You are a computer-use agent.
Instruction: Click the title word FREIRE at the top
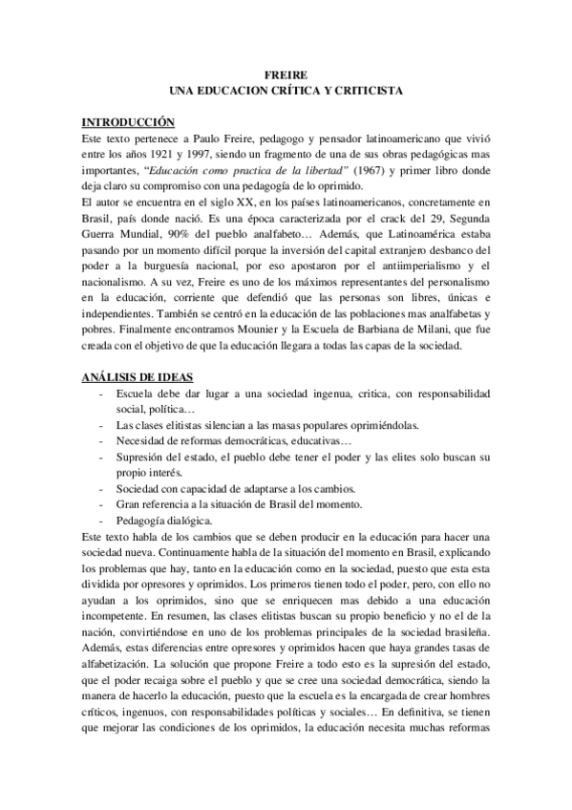tap(286, 74)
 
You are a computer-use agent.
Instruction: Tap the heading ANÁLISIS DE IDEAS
tap(144, 377)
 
